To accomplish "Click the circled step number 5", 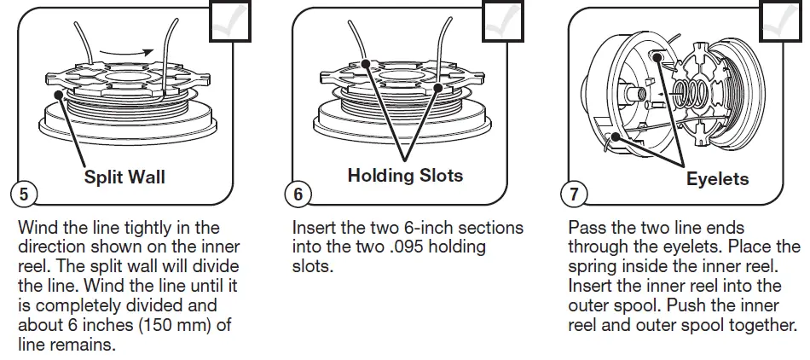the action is tap(22, 194).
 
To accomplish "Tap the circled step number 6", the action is tap(298, 194).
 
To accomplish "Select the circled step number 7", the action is tap(573, 194).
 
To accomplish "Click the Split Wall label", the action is tap(124, 177).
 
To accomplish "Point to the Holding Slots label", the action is tap(405, 176).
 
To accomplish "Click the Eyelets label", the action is tap(717, 179).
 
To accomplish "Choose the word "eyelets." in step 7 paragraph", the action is tap(682, 247).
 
